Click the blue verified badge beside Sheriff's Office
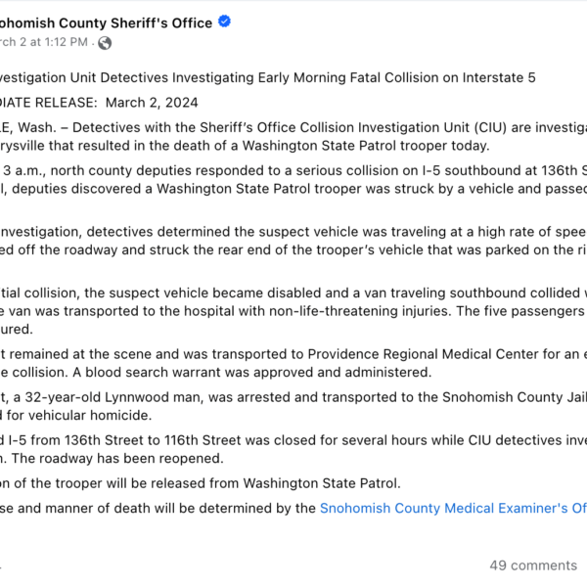pyautogui.click(x=224, y=23)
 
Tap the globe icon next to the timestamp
pyautogui.click(x=105, y=43)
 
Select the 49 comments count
pyautogui.click(x=533, y=564)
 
